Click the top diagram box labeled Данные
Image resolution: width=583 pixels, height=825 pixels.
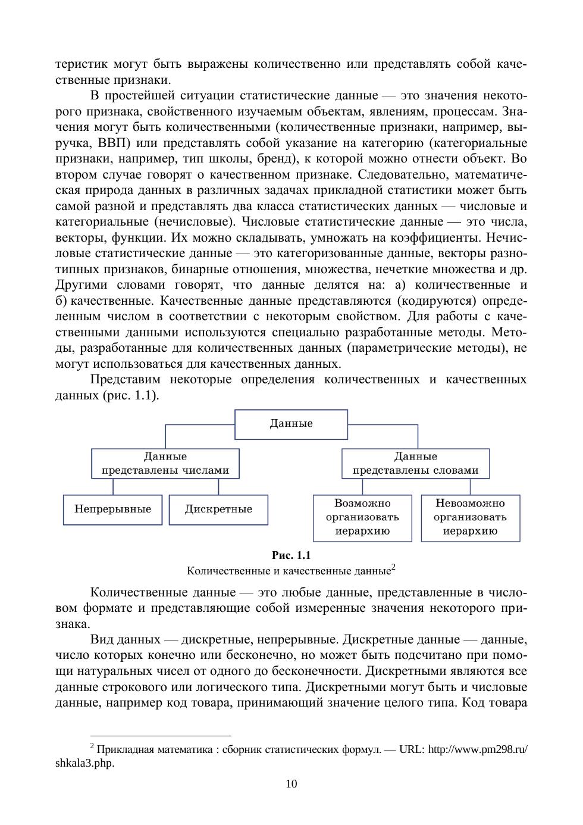click(x=291, y=424)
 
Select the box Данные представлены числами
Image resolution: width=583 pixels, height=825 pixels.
click(x=165, y=464)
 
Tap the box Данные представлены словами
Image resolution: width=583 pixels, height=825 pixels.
click(x=415, y=464)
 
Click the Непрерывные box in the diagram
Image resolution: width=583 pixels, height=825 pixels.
click(x=112, y=510)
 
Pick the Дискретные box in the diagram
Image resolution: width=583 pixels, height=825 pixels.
click(x=218, y=510)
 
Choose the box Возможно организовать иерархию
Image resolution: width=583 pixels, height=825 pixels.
click(x=362, y=518)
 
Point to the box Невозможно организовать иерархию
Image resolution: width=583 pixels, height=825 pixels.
click(x=470, y=518)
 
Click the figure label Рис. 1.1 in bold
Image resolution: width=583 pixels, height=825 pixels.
click(x=291, y=555)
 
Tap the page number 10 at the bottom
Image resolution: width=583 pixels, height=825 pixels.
click(x=291, y=783)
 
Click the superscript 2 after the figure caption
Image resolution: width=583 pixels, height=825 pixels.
click(x=393, y=567)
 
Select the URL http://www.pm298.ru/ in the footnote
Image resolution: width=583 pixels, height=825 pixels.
click(x=478, y=749)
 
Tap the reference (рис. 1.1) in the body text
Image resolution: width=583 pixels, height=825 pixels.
click(x=130, y=395)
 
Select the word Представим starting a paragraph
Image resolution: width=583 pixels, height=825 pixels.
click(x=126, y=380)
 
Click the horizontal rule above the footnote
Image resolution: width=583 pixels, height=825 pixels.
click(x=161, y=736)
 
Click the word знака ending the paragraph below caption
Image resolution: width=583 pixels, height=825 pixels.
click(x=72, y=624)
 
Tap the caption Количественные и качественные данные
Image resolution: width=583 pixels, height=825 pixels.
click(x=288, y=571)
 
